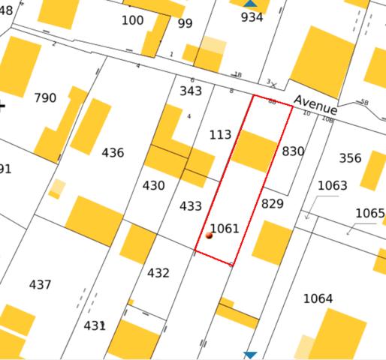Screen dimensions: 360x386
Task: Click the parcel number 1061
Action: click(224, 229)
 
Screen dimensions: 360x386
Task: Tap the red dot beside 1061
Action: click(209, 235)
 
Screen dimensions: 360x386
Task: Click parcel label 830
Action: click(293, 151)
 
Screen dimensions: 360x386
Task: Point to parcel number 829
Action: click(273, 203)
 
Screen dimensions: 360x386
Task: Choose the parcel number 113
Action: click(220, 135)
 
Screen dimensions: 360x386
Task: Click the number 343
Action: click(191, 91)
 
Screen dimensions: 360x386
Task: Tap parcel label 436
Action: click(113, 153)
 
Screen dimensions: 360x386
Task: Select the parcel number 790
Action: click(45, 98)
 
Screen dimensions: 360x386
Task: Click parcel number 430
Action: click(153, 185)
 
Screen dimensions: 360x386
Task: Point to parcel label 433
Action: click(191, 206)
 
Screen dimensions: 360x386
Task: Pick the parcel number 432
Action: click(158, 273)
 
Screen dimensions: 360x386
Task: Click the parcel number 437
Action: click(40, 285)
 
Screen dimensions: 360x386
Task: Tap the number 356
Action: click(350, 158)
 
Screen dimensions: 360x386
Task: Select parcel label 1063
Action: click(333, 185)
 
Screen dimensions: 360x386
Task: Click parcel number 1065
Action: click(369, 213)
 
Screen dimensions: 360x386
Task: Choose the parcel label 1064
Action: click(318, 299)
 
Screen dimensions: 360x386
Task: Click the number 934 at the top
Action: click(252, 17)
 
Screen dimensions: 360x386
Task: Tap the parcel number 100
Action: click(132, 20)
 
